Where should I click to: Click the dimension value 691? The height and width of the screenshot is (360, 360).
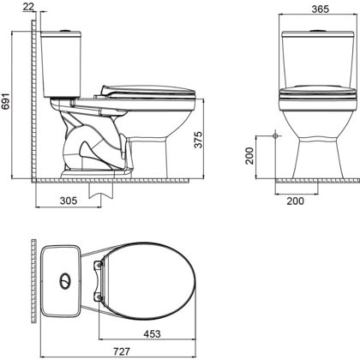pos(6,101)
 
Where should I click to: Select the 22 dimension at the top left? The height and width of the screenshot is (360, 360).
pos(28,6)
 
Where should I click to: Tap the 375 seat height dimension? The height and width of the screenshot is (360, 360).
pos(198,140)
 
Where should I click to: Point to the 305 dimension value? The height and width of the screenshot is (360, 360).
pos(69,201)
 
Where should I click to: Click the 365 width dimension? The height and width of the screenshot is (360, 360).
pos(321,9)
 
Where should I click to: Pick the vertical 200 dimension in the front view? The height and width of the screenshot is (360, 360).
pos(249,156)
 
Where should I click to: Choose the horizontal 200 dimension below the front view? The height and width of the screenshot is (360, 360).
pos(296,201)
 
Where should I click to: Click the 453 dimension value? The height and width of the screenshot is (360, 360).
pos(152,333)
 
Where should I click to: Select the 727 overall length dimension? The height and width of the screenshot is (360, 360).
pos(122,351)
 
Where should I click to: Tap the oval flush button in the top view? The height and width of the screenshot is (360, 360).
pos(65,281)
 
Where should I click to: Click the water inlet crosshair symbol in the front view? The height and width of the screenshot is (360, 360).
pos(275,135)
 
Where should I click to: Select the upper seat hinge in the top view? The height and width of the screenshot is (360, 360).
pos(99,266)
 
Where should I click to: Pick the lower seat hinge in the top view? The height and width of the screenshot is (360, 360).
pos(98,297)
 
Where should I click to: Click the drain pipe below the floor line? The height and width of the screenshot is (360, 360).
pos(101,190)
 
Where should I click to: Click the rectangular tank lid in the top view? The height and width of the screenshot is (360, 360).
pos(60,281)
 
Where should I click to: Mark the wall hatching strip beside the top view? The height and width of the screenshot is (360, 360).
pos(33,281)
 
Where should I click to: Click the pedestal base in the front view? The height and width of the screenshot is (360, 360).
pos(318,157)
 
